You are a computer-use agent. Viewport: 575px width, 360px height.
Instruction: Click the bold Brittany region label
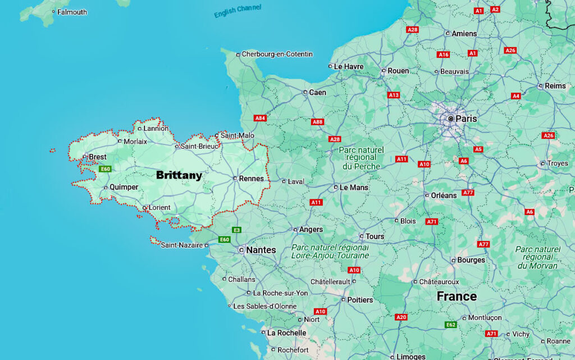point(179,175)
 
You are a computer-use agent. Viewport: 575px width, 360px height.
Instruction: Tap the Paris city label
point(466,119)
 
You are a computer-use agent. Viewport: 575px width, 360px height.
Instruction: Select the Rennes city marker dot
point(235,179)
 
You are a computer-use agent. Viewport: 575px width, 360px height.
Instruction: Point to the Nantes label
point(261,250)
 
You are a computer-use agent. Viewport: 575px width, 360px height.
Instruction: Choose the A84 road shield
point(260,118)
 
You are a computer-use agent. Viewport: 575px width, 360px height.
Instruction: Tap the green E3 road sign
point(237,230)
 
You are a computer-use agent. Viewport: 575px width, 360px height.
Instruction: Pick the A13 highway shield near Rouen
point(394,95)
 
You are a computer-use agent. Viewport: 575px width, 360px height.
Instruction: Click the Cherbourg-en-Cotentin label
point(277,54)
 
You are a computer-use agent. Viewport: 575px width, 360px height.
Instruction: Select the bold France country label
point(457,296)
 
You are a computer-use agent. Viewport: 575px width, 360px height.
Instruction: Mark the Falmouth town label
point(72,12)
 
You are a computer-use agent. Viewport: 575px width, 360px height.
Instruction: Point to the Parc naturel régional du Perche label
point(361,158)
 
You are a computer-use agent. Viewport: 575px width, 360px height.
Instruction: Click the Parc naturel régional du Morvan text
point(537,257)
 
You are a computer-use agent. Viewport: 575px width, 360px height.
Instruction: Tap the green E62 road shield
point(450,325)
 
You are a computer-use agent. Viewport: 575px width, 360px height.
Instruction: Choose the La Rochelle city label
point(286,332)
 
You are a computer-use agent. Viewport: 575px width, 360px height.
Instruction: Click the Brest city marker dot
point(84,157)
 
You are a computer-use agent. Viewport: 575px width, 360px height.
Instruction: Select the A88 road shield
point(317,122)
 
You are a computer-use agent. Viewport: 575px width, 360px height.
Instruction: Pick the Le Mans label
point(355,187)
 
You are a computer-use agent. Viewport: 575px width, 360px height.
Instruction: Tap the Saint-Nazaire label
point(182,245)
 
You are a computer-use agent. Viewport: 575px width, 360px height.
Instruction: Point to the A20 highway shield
point(401,317)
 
